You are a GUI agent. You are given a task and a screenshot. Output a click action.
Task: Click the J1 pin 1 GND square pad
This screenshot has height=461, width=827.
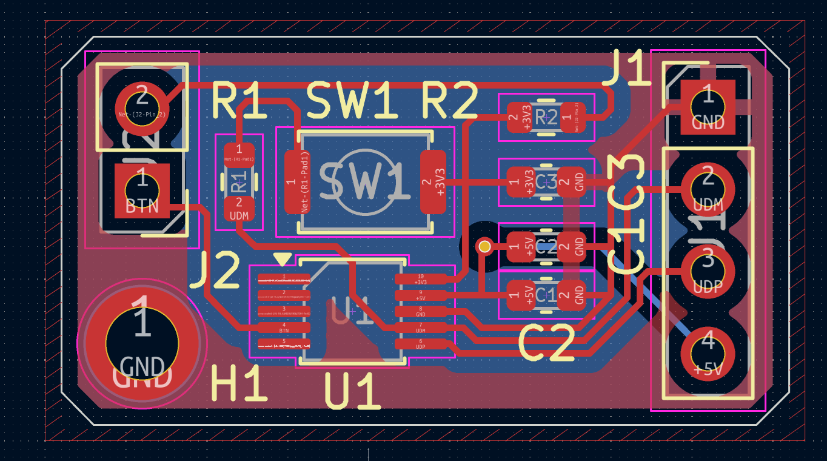pyautogui.click(x=708, y=107)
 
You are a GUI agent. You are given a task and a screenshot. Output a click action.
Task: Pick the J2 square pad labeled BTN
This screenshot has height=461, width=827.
pyautogui.click(x=142, y=191)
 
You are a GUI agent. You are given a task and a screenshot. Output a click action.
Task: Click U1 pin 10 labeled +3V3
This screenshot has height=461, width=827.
pyautogui.click(x=420, y=279)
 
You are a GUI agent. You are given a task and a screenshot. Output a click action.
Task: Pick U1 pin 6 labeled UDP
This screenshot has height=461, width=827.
pyautogui.click(x=420, y=343)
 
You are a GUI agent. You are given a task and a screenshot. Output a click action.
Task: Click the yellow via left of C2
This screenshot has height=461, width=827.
pyautogui.click(x=484, y=246)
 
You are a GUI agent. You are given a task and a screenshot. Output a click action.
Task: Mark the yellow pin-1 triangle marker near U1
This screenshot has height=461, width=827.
pyautogui.click(x=282, y=260)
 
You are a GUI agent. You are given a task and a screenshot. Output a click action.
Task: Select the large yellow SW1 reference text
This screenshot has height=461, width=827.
pyautogui.click(x=352, y=101)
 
